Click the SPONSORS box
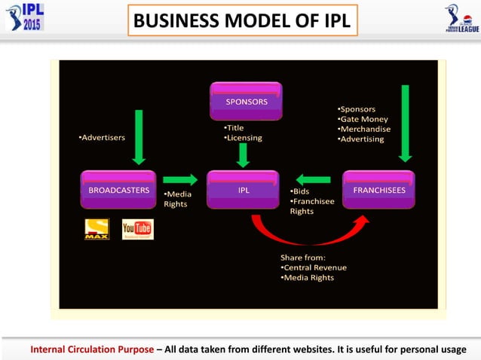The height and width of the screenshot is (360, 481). point(247,102)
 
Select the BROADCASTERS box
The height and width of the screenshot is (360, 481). point(118,190)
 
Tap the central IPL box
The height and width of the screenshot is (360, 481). point(244,190)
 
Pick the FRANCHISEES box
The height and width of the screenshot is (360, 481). point(378,190)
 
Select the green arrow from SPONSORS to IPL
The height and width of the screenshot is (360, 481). point(243,155)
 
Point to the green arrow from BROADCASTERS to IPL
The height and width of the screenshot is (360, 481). point(180,179)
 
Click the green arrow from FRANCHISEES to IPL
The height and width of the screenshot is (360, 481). point(313,179)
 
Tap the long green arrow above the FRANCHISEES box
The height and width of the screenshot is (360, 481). point(405,124)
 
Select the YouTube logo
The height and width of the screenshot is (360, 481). point(138,229)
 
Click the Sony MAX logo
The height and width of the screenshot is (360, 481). point(97,229)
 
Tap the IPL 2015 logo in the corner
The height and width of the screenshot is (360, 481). point(24,17)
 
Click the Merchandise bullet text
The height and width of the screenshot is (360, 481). point(364,129)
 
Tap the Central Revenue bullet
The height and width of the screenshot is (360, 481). point(314,267)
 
